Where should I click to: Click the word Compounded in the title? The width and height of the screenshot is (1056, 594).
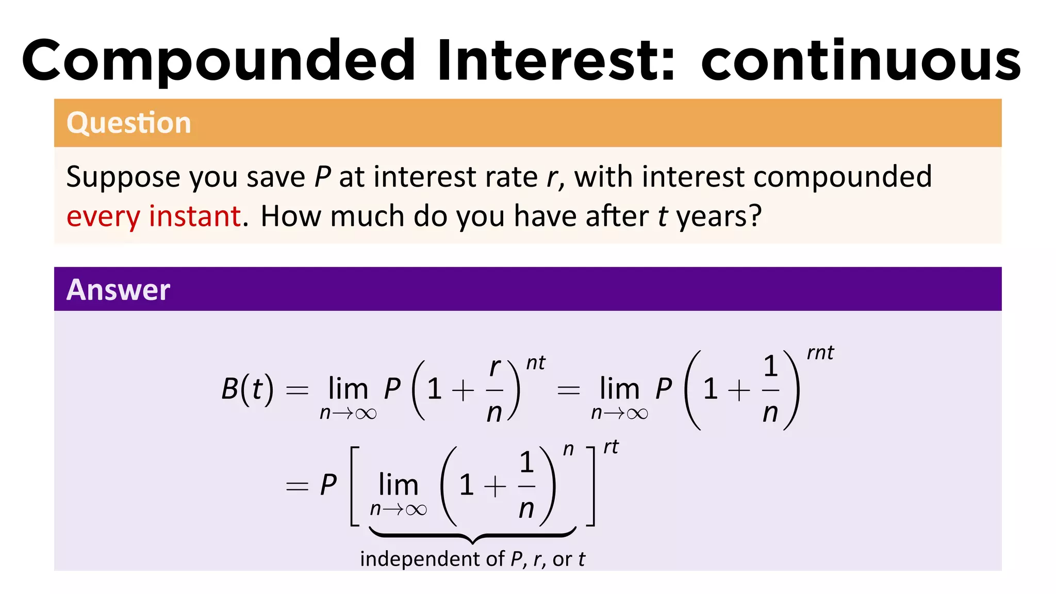click(219, 61)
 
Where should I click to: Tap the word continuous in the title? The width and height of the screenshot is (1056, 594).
click(861, 61)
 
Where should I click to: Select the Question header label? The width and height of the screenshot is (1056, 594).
click(129, 123)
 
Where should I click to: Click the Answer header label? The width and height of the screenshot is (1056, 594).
click(118, 289)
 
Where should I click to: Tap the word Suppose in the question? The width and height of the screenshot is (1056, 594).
click(123, 178)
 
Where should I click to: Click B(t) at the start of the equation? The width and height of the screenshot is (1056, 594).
click(247, 389)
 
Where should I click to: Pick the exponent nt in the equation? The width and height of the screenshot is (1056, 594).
click(535, 363)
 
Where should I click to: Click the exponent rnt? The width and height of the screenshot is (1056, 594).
click(820, 353)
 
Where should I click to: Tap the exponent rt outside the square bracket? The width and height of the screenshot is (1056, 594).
click(611, 447)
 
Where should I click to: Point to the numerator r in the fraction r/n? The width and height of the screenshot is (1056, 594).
click(494, 367)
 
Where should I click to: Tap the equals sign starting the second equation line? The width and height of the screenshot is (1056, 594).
click(297, 486)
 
